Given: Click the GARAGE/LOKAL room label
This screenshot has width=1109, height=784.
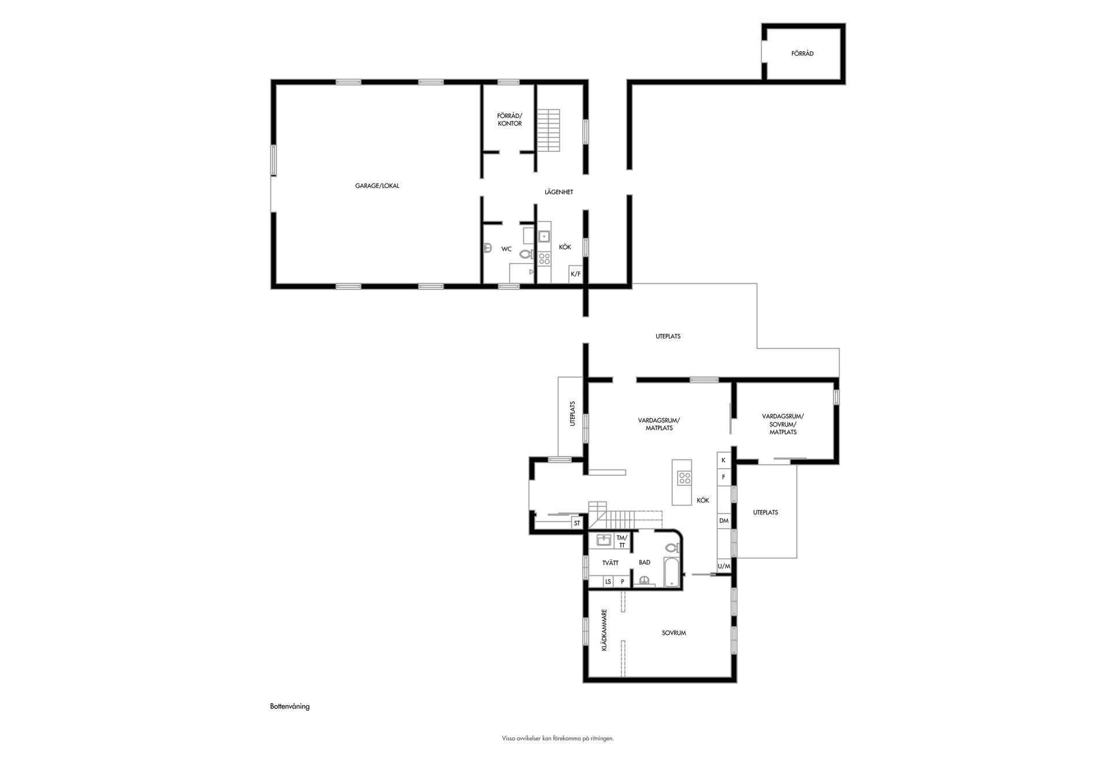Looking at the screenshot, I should [x=377, y=186].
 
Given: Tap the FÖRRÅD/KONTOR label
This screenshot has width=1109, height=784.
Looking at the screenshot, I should [x=509, y=120].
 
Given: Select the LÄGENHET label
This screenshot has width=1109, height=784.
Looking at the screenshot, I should [x=559, y=192].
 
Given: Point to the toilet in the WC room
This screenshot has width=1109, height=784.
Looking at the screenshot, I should [x=526, y=253].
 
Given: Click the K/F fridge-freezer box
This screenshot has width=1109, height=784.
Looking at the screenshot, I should [x=576, y=274].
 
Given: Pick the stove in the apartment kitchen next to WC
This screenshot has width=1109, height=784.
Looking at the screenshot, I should [x=544, y=259].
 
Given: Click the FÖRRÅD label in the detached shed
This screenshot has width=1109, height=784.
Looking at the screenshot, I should [x=802, y=54].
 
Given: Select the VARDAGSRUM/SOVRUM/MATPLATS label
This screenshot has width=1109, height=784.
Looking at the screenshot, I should [x=783, y=424].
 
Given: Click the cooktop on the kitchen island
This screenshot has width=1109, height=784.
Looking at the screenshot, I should [x=684, y=478].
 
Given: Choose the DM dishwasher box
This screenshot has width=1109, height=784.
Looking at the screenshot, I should [x=724, y=521].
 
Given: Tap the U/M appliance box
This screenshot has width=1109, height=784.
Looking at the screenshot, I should [x=724, y=567].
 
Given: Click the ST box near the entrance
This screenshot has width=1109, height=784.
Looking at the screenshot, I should [x=576, y=523].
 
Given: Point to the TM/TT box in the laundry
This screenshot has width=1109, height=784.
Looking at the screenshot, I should [x=622, y=541].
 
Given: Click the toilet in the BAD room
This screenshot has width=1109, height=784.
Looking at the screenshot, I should [x=672, y=547].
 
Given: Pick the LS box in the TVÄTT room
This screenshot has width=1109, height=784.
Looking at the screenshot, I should [x=608, y=582].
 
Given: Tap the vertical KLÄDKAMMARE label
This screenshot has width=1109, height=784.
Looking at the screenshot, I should [x=604, y=630].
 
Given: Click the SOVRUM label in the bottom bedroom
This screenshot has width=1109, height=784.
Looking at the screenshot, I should [x=673, y=633].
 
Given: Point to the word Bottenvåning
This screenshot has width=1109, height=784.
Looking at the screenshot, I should [x=290, y=707].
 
